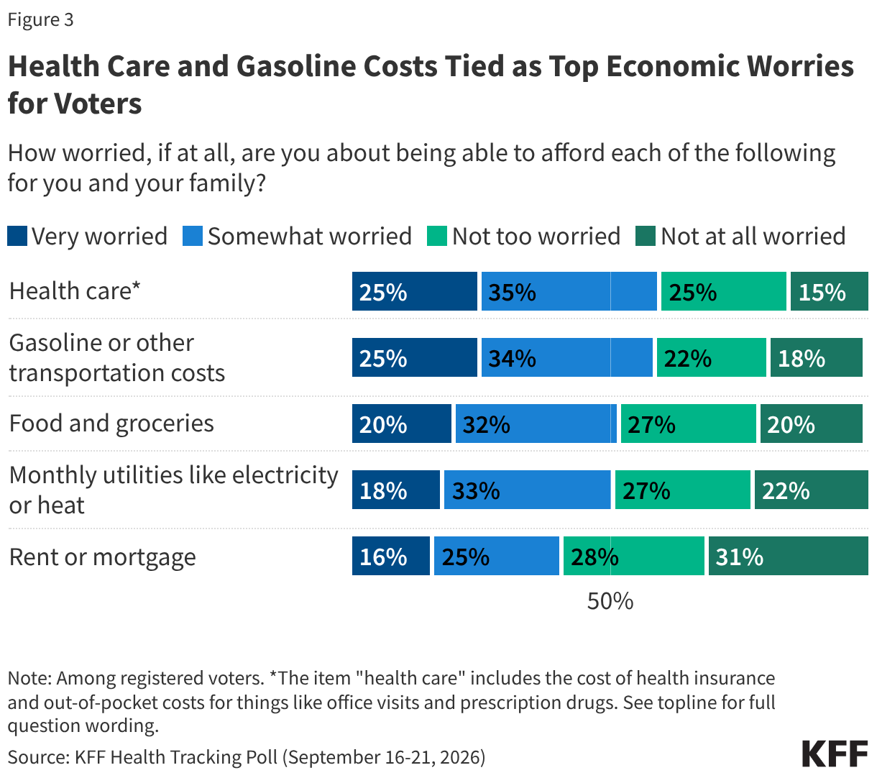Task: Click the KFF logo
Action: [835, 754]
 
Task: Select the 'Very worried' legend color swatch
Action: [17, 236]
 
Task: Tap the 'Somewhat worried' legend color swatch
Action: [193, 236]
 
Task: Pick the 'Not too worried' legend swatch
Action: [437, 236]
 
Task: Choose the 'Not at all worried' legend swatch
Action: [646, 236]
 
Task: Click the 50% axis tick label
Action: [610, 601]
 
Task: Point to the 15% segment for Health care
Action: [830, 291]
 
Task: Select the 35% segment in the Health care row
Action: [569, 291]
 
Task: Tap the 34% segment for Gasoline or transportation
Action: [567, 357]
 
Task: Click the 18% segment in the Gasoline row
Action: [817, 357]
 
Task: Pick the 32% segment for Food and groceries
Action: [536, 424]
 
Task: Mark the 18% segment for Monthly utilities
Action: [396, 490]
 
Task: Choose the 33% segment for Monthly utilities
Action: [528, 490]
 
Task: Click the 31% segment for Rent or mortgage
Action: [789, 556]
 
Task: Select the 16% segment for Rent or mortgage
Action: [391, 556]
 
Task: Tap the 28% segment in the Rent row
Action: [634, 556]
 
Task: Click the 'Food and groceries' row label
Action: [111, 424]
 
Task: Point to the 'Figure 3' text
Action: [41, 20]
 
